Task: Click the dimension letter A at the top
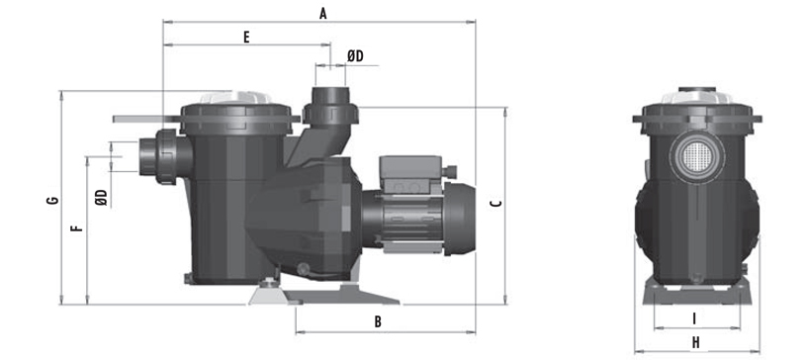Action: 323,14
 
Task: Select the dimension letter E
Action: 246,38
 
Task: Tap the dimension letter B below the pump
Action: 378,321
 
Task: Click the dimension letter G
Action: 52,200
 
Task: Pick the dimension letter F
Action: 76,227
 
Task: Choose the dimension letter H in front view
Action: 696,342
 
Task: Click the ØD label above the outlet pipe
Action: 355,56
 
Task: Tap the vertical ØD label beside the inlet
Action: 102,198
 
